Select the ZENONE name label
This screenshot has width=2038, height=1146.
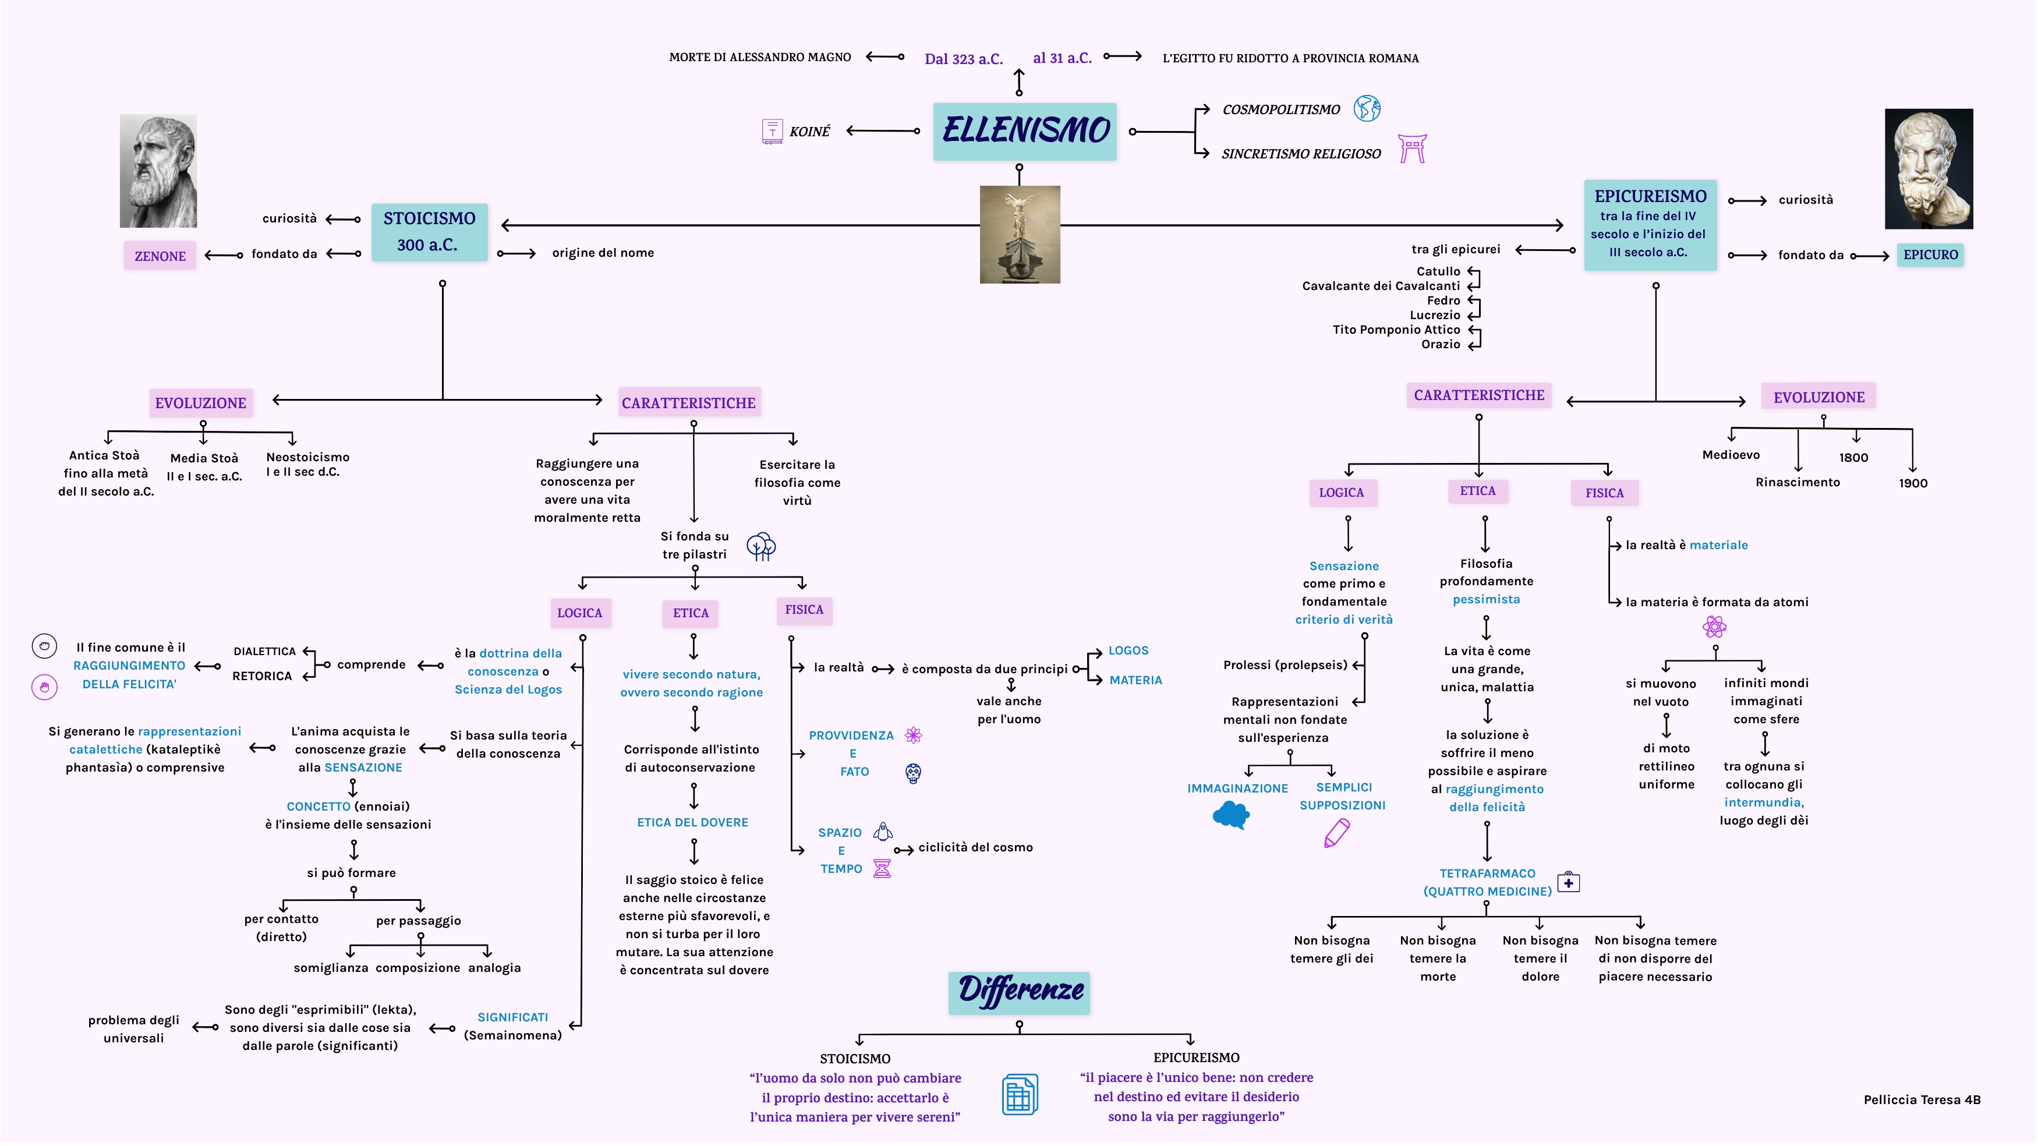point(160,256)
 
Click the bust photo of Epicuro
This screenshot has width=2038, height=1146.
point(1928,168)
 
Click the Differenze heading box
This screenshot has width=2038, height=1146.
point(1019,992)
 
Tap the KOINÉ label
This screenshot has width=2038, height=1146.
point(809,132)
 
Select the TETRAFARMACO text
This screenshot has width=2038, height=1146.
point(1487,873)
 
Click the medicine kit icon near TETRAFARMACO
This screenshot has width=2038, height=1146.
point(1568,882)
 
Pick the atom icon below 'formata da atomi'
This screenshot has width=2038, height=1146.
point(1714,628)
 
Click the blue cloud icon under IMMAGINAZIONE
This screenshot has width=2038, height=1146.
point(1231,815)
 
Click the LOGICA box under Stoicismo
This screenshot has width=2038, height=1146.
point(579,613)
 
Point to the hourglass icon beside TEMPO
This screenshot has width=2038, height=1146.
point(882,868)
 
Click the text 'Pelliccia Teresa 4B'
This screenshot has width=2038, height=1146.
point(1922,1099)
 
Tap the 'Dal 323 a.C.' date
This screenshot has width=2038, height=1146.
point(963,59)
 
